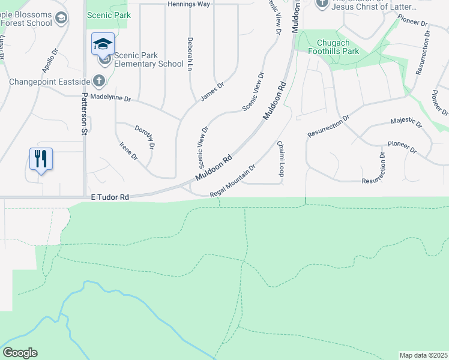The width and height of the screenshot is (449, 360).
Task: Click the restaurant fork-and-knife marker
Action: pos(41,160)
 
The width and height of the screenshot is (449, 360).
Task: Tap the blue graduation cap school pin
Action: pos(103,44)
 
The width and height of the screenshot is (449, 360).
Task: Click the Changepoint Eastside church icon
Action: pos(99,81)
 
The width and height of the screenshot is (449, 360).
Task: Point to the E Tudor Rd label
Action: pos(110,197)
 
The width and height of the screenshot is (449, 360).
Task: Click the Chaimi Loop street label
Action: pos(280,159)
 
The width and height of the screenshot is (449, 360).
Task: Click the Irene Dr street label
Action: pos(128,151)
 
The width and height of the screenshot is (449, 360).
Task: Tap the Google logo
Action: pos(20,353)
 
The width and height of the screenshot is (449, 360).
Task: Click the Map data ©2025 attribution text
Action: pos(423,355)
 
